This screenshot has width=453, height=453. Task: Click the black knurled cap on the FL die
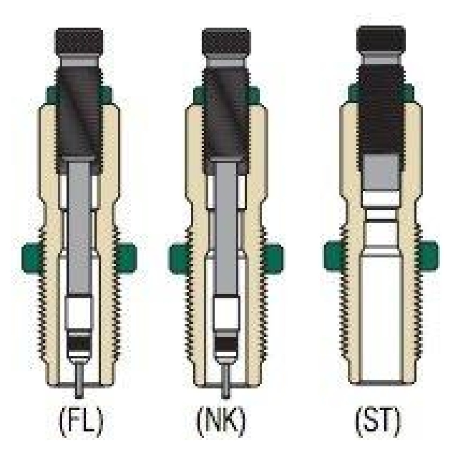(79, 43)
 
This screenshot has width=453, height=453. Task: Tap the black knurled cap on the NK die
(226, 43)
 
